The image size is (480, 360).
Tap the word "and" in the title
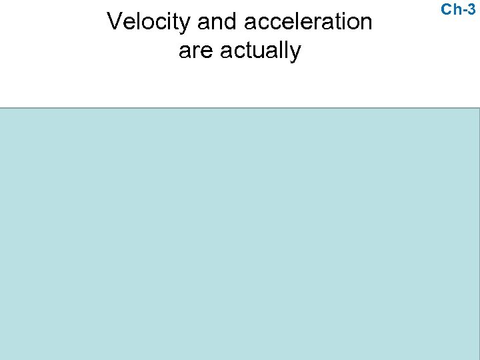[216, 22]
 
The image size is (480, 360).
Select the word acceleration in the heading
[308, 22]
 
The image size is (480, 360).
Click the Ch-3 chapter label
[458, 9]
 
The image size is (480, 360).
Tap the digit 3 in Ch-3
[471, 9]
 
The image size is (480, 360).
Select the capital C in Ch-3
[447, 9]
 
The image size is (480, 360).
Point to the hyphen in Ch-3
[464, 10]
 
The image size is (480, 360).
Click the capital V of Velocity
[114, 22]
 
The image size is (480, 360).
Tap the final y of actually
[295, 53]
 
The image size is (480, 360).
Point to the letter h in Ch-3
[457, 9]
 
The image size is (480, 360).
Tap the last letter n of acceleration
[365, 24]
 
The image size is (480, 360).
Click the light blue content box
[240, 233]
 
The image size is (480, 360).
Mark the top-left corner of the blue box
[1, 109]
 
